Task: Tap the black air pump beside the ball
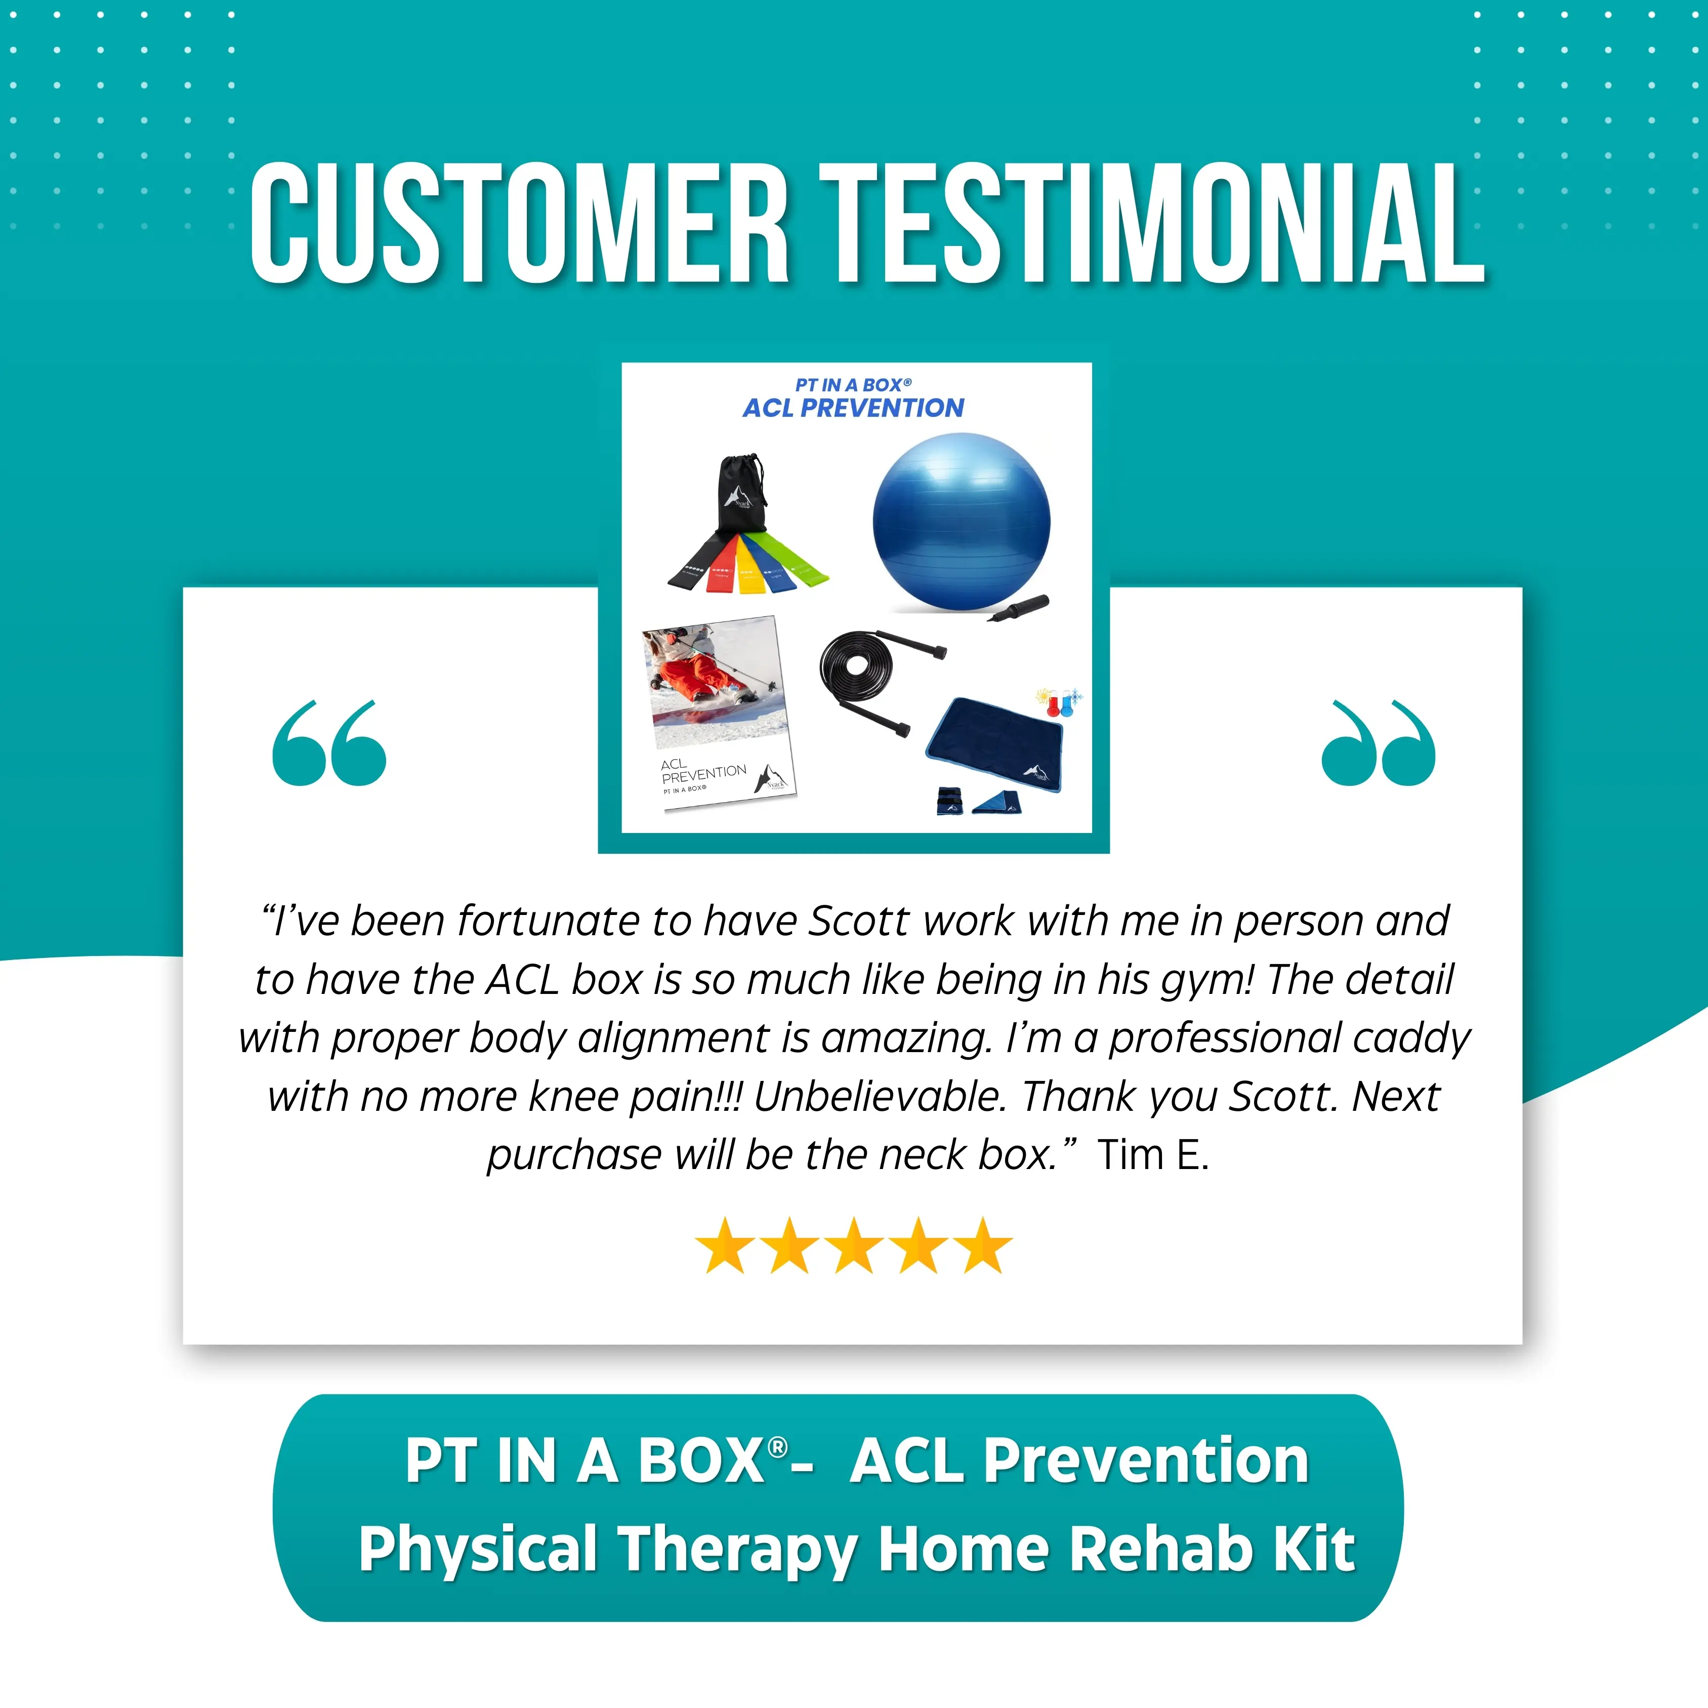(1018, 608)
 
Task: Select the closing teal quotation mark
(1378, 742)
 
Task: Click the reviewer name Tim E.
(1153, 1154)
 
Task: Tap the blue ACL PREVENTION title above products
(853, 407)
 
